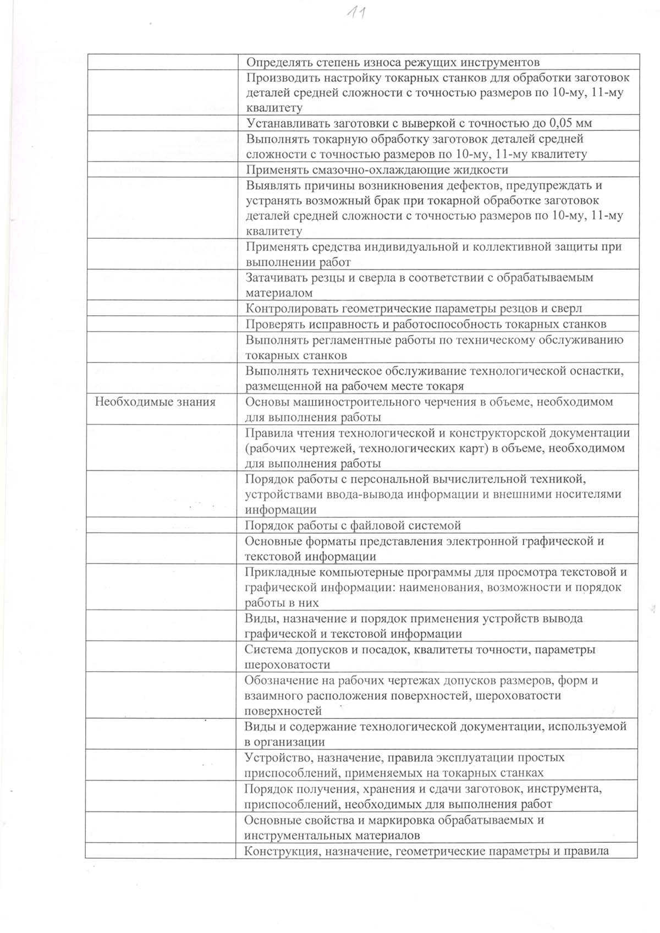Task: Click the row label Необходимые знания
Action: point(155,402)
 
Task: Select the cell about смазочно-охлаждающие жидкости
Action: point(377,169)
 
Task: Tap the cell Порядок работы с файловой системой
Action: point(353,525)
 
